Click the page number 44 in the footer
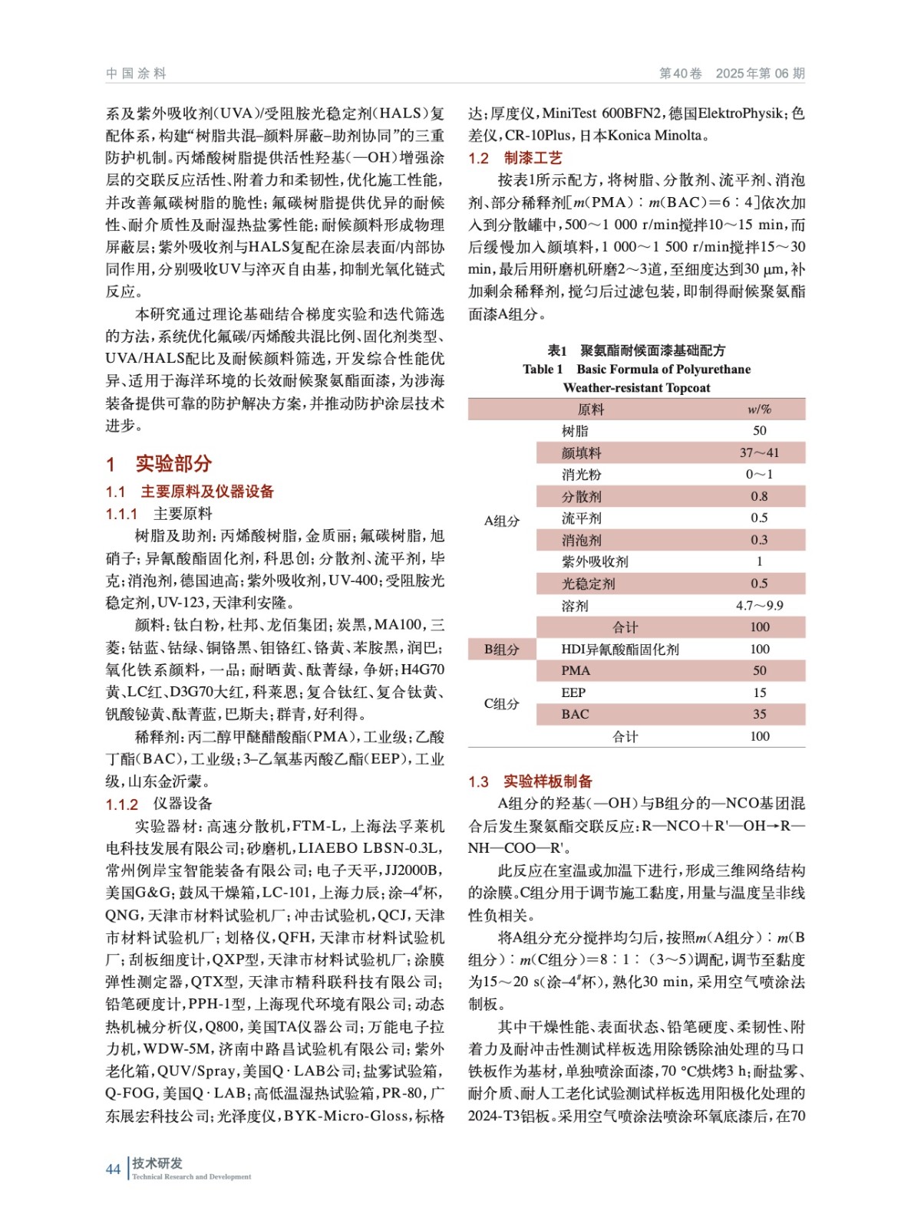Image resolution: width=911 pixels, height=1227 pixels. [113, 1169]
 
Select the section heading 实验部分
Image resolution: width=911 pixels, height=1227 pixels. [173, 464]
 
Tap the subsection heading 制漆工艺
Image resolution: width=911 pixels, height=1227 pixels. [533, 158]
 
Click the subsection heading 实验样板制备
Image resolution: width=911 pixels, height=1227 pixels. [547, 781]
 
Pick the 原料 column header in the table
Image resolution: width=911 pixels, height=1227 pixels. [590, 410]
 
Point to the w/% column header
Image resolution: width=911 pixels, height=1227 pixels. [759, 410]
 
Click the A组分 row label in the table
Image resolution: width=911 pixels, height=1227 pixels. [501, 521]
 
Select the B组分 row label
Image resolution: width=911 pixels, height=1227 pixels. [501, 650]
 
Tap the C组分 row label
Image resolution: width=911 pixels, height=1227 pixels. [501, 703]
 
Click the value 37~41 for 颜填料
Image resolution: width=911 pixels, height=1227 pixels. [759, 453]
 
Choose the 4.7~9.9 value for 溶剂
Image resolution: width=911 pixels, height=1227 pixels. [759, 606]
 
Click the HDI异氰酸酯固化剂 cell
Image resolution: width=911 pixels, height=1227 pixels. [619, 650]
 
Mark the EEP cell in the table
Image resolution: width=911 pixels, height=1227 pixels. [573, 692]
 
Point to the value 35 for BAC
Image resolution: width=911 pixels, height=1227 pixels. [759, 714]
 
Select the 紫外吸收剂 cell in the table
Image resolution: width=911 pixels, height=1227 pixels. [595, 561]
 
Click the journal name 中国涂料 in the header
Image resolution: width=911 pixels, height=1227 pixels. [136, 74]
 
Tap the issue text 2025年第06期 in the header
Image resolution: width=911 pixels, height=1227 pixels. [760, 74]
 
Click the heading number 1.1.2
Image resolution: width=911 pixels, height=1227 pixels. [122, 804]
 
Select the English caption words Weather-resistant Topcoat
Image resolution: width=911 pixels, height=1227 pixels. [636, 388]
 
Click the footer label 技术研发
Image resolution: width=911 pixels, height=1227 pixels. [157, 1163]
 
